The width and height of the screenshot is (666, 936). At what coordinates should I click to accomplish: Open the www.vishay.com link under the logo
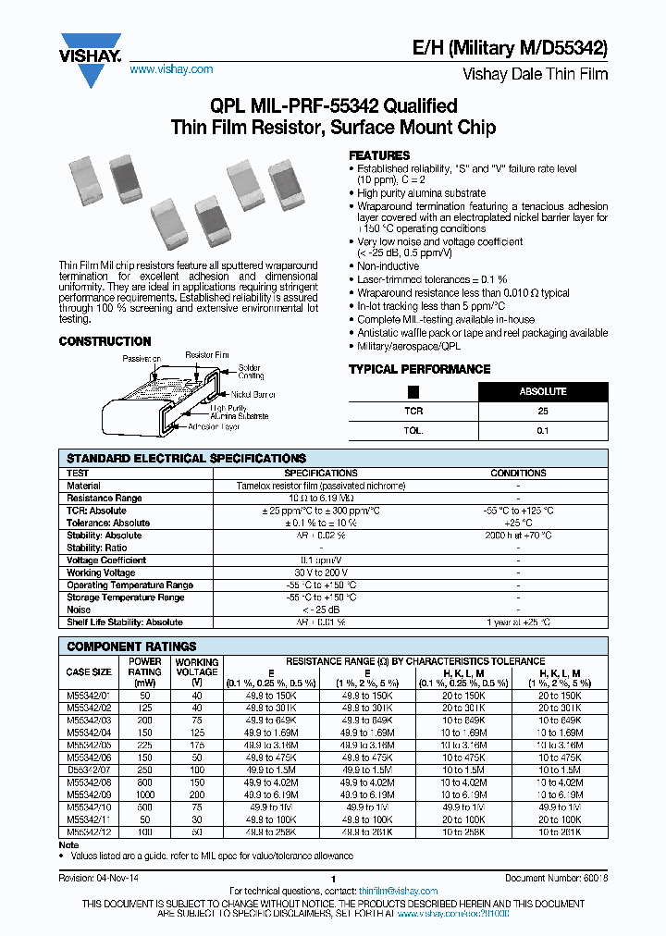(171, 69)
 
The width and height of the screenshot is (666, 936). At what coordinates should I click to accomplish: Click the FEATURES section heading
(378, 155)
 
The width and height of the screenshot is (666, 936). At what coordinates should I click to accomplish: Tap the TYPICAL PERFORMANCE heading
(419, 369)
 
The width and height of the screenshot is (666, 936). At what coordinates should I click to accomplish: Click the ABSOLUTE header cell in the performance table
(543, 391)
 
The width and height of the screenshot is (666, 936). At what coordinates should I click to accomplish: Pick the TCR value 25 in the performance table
(543, 411)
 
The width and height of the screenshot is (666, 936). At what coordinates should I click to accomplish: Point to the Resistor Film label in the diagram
(207, 354)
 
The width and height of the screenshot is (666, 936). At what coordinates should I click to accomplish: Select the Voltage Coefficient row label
(106, 560)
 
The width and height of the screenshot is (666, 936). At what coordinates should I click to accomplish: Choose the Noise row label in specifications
(80, 610)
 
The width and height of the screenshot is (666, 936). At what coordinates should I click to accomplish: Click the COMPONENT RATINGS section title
(131, 647)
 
